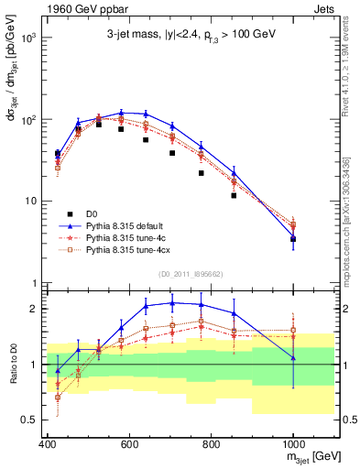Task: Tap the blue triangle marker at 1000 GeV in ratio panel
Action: coord(293,357)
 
